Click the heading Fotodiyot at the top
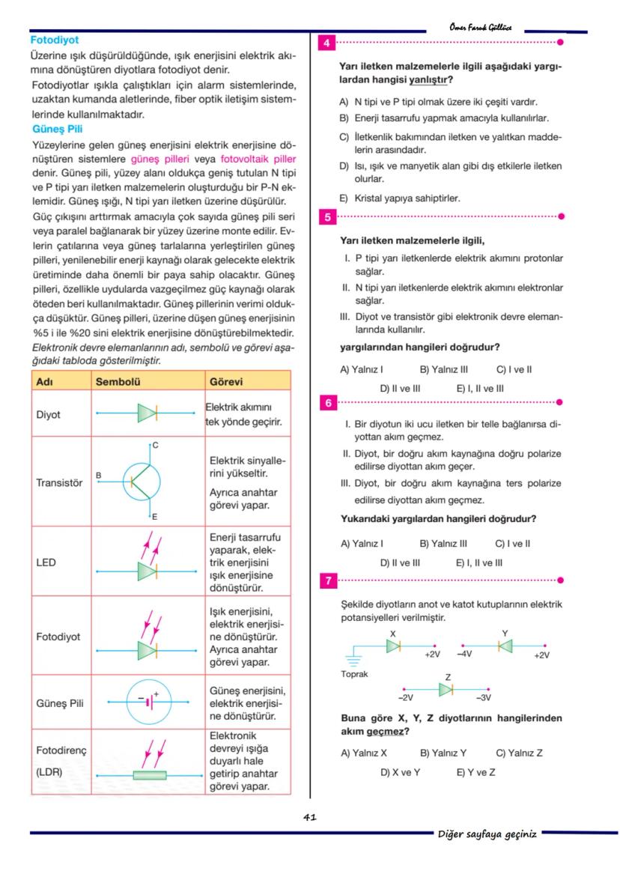(54, 40)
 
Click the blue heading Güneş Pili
(57, 129)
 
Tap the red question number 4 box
(327, 43)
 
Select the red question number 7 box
(327, 580)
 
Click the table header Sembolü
(118, 381)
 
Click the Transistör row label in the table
(59, 483)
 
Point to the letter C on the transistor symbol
(155, 445)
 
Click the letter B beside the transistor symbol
(99, 475)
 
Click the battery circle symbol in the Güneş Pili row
(151, 702)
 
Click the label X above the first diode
(393, 634)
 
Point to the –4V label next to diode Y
(464, 654)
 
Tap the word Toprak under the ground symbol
(354, 674)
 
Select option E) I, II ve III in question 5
(480, 389)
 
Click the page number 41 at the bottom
(310, 817)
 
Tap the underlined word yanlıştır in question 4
(429, 79)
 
